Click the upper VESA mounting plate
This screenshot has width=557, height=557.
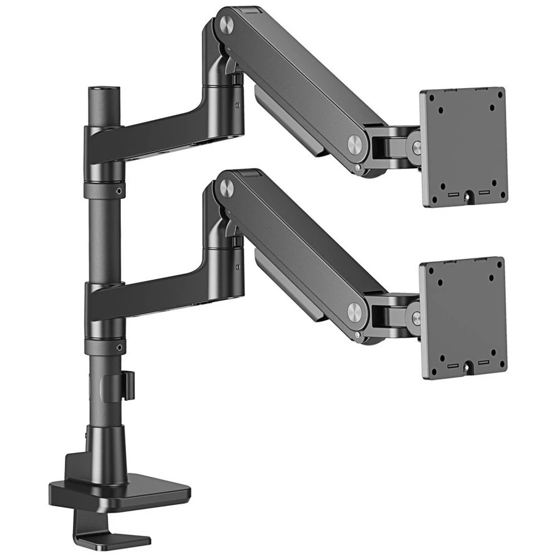[463, 146]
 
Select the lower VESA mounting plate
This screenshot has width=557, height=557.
[463, 317]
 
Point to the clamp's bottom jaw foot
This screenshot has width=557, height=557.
[120, 538]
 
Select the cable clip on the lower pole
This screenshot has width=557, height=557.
[128, 385]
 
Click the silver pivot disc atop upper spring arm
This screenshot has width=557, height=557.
[227, 24]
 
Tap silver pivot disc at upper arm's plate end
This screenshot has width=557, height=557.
[354, 143]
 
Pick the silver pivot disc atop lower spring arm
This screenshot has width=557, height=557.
[227, 188]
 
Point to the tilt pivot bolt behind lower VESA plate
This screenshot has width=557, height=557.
[416, 318]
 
